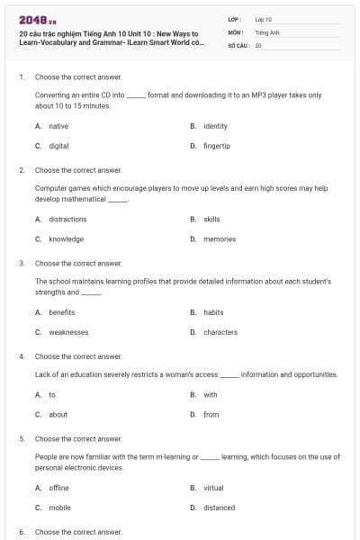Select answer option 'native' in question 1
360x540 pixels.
coord(58,126)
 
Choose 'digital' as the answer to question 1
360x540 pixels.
coord(58,145)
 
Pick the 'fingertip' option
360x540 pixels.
coord(217,145)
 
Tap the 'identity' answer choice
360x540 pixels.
coord(215,126)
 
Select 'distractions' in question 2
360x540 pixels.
coord(67,219)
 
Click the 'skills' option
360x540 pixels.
coord(211,219)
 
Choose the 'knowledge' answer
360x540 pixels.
coord(66,238)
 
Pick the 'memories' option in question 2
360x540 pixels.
coord(220,238)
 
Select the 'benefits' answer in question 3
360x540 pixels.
coord(62,312)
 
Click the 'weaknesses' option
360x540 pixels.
coord(68,332)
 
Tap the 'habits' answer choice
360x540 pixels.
coord(213,312)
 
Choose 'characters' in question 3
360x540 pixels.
coord(220,332)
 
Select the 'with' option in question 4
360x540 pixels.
coord(211,394)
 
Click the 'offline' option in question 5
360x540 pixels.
coord(58,488)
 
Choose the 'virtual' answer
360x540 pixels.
coord(213,488)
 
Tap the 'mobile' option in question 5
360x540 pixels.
coord(59,508)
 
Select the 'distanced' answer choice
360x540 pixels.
coord(219,508)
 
